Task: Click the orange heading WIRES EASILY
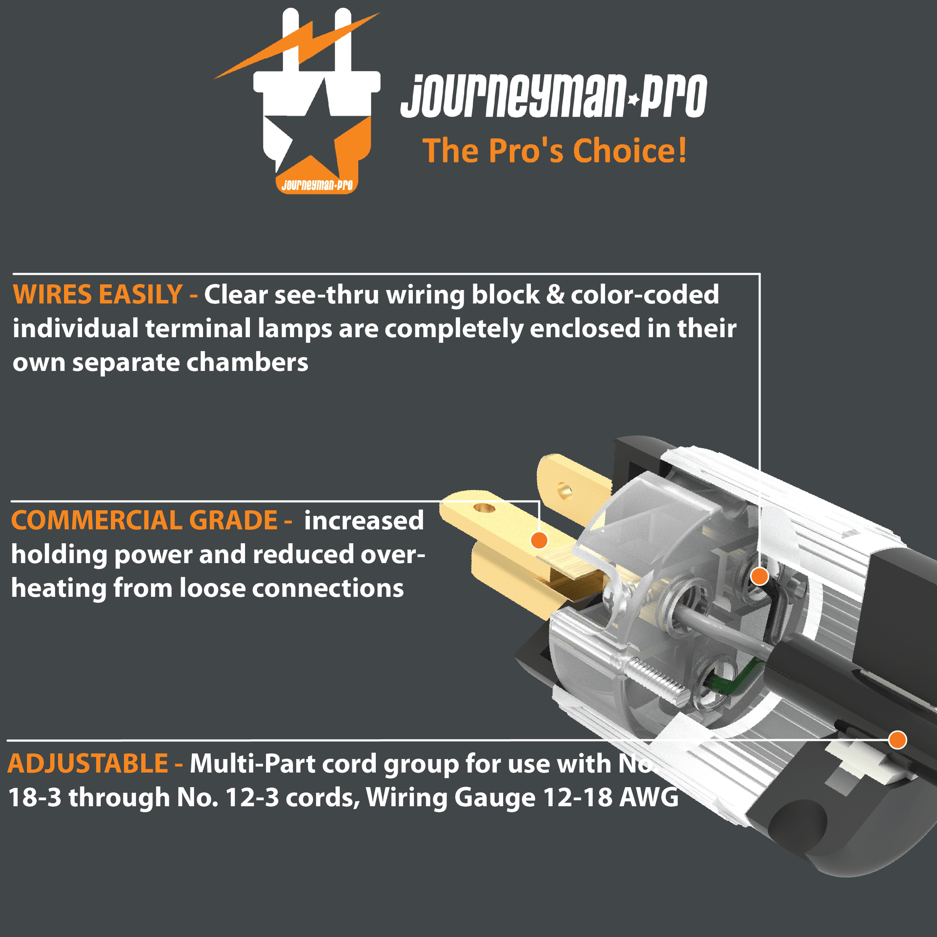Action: point(98,295)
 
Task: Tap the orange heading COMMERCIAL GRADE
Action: point(144,520)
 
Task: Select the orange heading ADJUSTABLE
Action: point(88,763)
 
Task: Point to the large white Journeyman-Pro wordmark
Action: point(553,96)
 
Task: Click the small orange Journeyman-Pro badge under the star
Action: point(317,185)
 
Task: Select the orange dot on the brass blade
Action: point(539,540)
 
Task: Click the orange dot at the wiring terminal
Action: point(759,576)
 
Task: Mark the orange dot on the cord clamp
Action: point(897,740)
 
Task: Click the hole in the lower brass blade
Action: point(484,509)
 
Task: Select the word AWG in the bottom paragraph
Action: point(649,797)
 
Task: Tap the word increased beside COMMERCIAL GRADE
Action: point(364,520)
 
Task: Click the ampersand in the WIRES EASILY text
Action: point(555,295)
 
